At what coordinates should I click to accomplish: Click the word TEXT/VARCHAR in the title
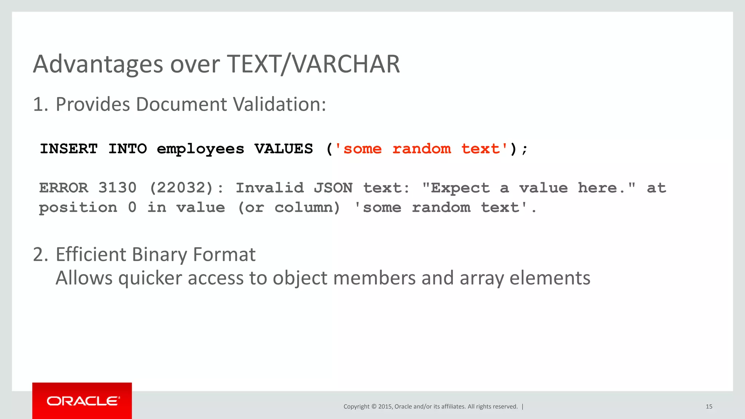(313, 64)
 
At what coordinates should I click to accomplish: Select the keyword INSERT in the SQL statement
(69, 149)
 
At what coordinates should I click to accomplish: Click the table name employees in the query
(200, 149)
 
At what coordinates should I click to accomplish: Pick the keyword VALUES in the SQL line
(284, 149)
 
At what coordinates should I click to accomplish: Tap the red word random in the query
(422, 149)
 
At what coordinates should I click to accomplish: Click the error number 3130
(117, 188)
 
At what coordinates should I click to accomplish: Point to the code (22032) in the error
(181, 188)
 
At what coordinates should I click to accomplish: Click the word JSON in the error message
(333, 188)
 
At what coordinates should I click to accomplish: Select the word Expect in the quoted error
(461, 188)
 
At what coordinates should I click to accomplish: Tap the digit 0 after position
(132, 208)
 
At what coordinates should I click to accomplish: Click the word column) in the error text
(307, 208)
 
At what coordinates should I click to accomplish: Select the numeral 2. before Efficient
(40, 254)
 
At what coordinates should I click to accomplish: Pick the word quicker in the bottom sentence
(150, 278)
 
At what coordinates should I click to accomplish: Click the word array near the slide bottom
(482, 278)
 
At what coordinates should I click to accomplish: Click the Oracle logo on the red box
(83, 401)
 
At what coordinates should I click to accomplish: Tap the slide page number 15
(709, 407)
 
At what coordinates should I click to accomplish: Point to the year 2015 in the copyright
(385, 407)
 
